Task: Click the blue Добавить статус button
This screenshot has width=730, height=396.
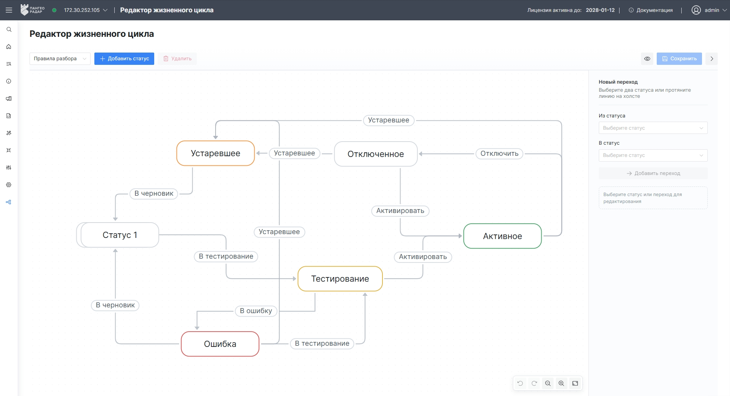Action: (x=124, y=59)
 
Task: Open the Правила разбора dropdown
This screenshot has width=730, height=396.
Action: (x=60, y=59)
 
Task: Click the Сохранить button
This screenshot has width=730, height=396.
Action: (x=679, y=59)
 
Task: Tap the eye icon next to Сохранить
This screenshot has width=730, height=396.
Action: (x=647, y=59)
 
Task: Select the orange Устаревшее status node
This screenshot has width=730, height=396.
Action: (x=216, y=153)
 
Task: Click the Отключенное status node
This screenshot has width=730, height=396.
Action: (x=376, y=154)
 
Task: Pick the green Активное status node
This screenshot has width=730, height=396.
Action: (x=503, y=236)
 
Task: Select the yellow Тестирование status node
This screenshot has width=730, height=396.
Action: (x=340, y=279)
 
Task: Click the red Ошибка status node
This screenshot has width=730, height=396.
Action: (x=220, y=344)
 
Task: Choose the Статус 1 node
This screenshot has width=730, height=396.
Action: (x=120, y=235)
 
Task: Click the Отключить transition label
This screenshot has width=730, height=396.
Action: (x=499, y=153)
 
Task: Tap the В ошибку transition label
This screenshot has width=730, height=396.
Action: (x=256, y=311)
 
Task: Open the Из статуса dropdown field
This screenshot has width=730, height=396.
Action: (x=653, y=128)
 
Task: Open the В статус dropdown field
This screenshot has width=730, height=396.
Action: (x=653, y=155)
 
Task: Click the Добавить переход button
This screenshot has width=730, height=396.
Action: (x=653, y=173)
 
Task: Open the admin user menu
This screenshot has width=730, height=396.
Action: (x=709, y=10)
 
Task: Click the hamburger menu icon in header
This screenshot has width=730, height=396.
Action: (x=9, y=10)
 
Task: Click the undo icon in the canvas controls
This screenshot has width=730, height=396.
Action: (x=520, y=383)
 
